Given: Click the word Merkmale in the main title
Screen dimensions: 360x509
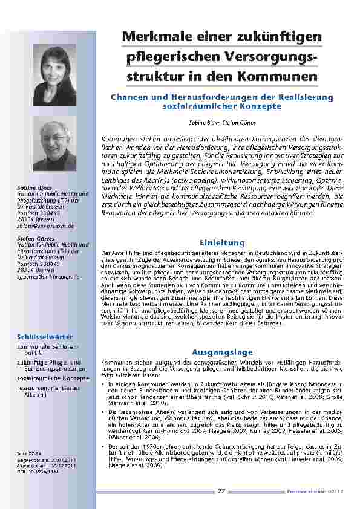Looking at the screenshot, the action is click(155, 37).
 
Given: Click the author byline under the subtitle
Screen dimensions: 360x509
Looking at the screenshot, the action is click(223, 122).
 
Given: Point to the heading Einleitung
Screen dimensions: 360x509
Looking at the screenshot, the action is click(223, 242).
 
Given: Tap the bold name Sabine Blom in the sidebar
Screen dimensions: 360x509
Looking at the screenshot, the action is click(30, 187).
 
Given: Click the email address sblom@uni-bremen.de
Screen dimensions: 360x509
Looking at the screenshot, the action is click(46, 225).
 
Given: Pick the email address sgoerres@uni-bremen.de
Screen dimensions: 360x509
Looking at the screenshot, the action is click(48, 276).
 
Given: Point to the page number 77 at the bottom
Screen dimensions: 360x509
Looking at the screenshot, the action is click(221, 491).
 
